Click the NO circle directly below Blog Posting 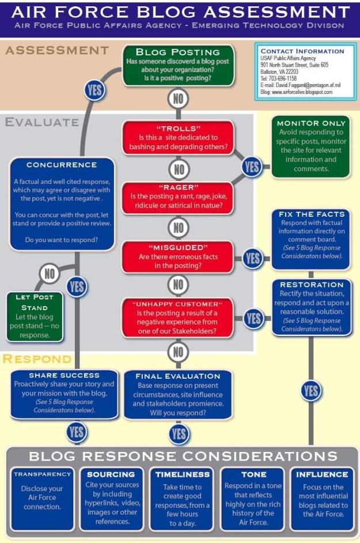pos(179,99)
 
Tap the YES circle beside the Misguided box pos(252,258)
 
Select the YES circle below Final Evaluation pos(179,433)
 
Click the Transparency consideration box pos(42,499)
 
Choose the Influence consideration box pos(321,499)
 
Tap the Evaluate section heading pos(41,122)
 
